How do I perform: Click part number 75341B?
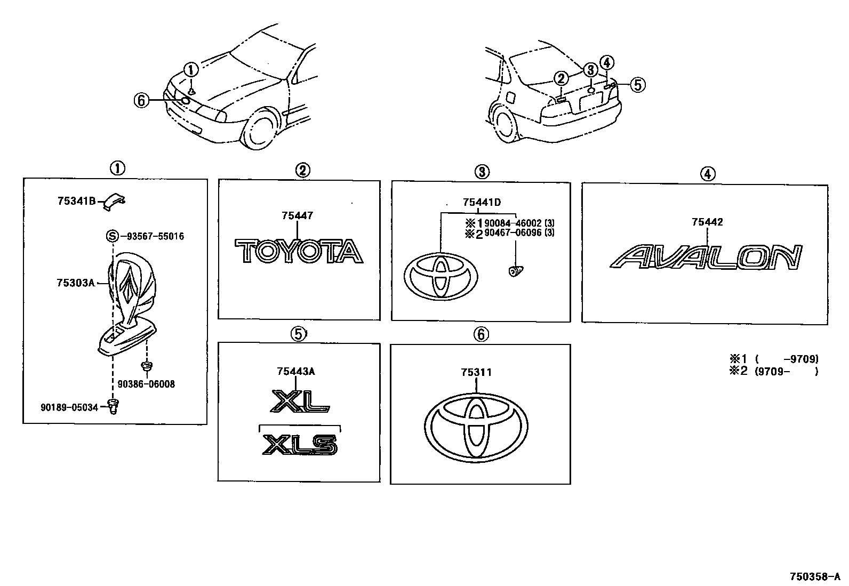[x=76, y=201]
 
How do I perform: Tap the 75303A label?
[x=75, y=283]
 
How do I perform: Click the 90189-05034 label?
[x=69, y=407]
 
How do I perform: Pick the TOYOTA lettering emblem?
[x=299, y=251]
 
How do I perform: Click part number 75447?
[x=297, y=216]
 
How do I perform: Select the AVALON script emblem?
[x=706, y=258]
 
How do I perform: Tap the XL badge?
[x=300, y=401]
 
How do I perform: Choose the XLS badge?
[x=300, y=444]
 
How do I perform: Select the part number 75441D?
[x=482, y=202]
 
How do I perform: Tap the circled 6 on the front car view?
[x=141, y=100]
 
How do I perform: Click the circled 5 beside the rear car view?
[x=638, y=84]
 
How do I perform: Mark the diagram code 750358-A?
[x=814, y=577]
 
